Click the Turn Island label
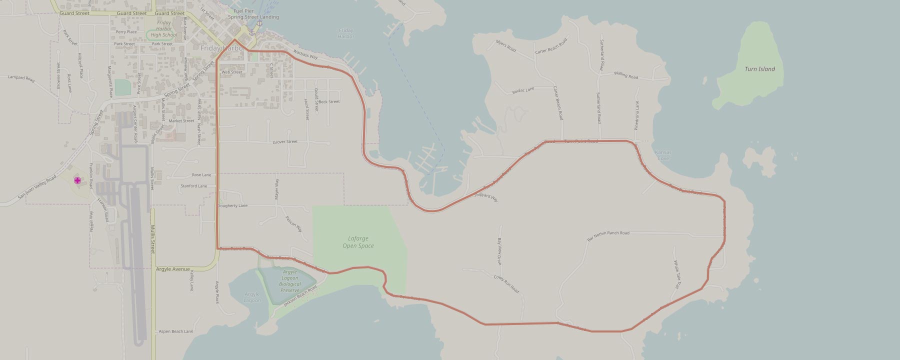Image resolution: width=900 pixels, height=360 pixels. [x=759, y=69]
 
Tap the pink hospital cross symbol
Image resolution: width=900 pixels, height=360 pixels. [x=77, y=180]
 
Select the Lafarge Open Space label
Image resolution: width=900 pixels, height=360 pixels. [x=358, y=242]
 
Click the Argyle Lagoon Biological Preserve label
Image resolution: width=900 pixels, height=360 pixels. [x=290, y=281]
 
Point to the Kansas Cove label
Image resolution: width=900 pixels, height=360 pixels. [x=663, y=155]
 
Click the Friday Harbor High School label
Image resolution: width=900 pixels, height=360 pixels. [x=163, y=29]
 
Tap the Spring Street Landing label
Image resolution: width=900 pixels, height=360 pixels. [x=253, y=17]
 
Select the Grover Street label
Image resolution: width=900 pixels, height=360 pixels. [x=285, y=142]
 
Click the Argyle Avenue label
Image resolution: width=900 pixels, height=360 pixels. [x=173, y=269]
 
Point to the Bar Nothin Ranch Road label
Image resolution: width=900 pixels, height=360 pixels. [x=608, y=236]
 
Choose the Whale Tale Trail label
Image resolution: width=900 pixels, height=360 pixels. [x=676, y=274]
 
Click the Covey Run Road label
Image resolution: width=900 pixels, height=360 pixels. [x=506, y=284]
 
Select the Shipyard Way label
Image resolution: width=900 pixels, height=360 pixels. [x=486, y=197]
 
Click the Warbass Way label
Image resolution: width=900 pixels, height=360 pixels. [x=305, y=54]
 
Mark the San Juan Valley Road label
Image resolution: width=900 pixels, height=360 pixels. [x=37, y=188]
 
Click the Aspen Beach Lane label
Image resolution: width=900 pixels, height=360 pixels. [x=175, y=331]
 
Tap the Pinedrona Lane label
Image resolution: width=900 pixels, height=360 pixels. [x=637, y=115]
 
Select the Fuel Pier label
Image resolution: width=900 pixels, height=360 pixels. [x=243, y=10]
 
